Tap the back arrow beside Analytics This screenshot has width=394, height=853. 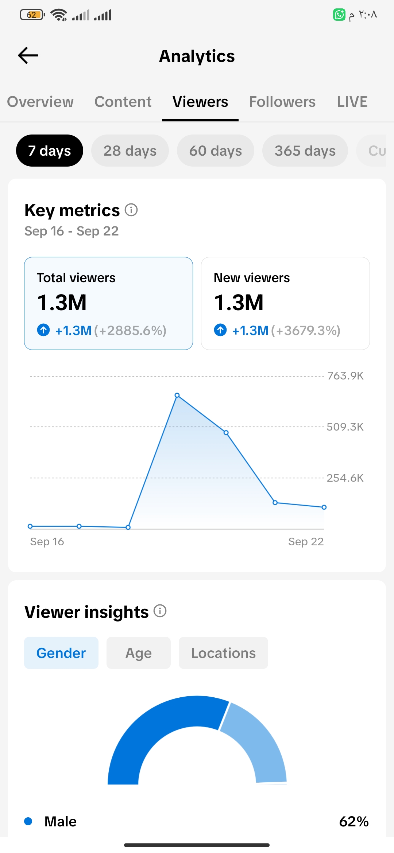point(28,55)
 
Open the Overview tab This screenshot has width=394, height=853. point(40,102)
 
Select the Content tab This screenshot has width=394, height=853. point(123,102)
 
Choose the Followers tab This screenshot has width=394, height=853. point(282,102)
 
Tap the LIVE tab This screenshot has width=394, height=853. point(352,102)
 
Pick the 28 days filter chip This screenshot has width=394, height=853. point(130,151)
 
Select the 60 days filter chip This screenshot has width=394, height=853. point(216,151)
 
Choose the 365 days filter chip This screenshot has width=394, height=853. point(305,151)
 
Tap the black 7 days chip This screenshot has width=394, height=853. point(50,151)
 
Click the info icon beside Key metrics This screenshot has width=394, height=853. point(131,210)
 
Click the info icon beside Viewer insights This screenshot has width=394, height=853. point(160,611)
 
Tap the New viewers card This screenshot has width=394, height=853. point(285,303)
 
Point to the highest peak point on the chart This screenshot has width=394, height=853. point(177,395)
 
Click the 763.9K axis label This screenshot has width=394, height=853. point(345,376)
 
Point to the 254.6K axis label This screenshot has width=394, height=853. point(345,478)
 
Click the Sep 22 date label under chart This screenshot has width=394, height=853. point(306,542)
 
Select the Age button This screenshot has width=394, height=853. point(139,653)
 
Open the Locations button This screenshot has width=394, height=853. point(223,653)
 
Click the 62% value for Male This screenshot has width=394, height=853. point(354,822)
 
